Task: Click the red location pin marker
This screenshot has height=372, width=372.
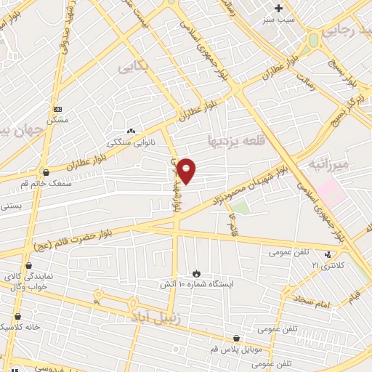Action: tap(187, 170)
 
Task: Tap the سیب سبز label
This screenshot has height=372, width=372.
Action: tap(279, 20)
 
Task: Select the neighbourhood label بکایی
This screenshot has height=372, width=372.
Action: tap(134, 67)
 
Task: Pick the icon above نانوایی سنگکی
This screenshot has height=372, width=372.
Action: tap(131, 132)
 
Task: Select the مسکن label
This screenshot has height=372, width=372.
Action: tap(57, 120)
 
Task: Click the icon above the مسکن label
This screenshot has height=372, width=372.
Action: tap(57, 109)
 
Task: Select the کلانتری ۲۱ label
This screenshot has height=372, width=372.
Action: tap(325, 266)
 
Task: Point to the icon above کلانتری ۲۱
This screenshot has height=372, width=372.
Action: tap(328, 254)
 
